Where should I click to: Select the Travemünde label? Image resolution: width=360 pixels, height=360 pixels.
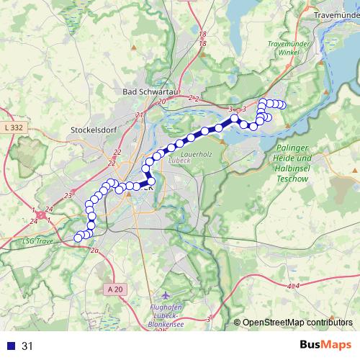(336, 14)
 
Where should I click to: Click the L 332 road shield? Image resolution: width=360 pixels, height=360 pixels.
(14, 127)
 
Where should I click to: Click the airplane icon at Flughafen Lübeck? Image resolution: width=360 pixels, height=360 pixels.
(167, 296)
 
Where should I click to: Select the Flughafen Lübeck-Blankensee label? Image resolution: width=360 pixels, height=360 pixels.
(166, 318)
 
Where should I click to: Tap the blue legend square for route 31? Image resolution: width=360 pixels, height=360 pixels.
(10, 346)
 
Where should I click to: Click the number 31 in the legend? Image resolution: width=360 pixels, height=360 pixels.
(27, 346)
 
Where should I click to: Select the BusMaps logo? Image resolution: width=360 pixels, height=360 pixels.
(325, 345)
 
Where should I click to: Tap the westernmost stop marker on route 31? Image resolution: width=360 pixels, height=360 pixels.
(78, 238)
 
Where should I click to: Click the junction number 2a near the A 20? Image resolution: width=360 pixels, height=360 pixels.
(94, 251)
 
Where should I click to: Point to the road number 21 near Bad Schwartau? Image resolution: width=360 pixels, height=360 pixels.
(139, 115)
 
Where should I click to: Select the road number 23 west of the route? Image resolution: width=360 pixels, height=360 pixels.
(68, 195)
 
